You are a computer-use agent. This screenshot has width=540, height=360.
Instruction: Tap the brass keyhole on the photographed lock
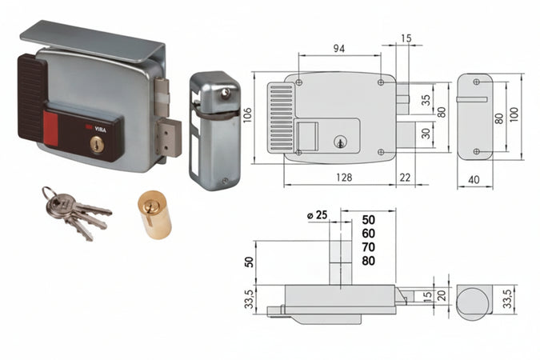tap(96, 145)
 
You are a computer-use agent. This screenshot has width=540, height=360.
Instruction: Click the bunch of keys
tap(74, 213)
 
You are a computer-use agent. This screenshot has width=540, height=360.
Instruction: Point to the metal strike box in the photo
tap(214, 130)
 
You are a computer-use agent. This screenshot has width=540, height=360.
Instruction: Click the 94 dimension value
tap(339, 48)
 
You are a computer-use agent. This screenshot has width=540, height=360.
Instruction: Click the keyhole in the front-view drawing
tap(339, 142)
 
